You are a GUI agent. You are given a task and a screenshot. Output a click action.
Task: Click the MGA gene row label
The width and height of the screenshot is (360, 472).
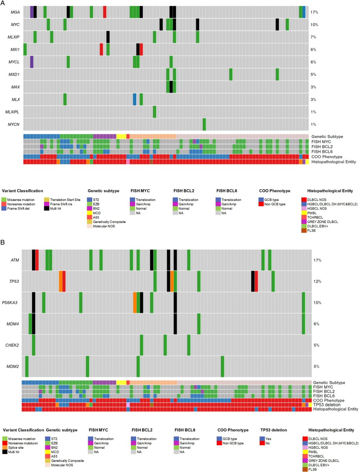[16, 12]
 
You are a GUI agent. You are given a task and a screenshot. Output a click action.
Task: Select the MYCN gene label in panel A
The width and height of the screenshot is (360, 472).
[16, 125]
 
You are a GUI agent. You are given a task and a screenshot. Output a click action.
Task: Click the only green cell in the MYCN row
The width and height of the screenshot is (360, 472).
[204, 124]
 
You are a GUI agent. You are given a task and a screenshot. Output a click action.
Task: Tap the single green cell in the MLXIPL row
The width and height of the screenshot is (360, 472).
[155, 112]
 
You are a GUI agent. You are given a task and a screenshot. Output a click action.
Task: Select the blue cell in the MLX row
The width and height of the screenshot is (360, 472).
[135, 100]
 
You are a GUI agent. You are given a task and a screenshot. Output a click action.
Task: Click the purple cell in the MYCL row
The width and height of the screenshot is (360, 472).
[32, 62]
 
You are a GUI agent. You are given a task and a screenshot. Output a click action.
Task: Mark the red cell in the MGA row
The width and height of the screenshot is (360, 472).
[105, 12]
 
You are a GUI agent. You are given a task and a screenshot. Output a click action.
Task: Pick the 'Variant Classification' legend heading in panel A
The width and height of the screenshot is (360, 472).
[22, 191]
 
